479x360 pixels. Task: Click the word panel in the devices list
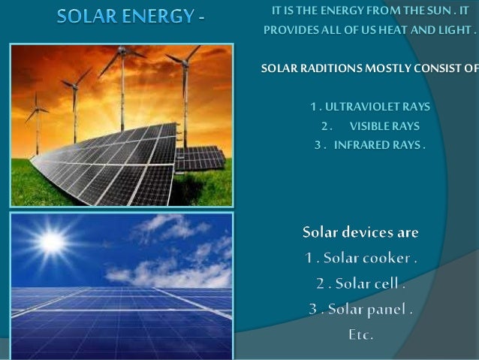pyautogui.click(x=389, y=309)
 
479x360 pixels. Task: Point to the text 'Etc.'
pyautogui.click(x=360, y=334)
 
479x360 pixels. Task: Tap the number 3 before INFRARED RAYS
pyautogui.click(x=318, y=144)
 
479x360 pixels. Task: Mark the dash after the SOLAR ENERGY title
pyautogui.click(x=202, y=17)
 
